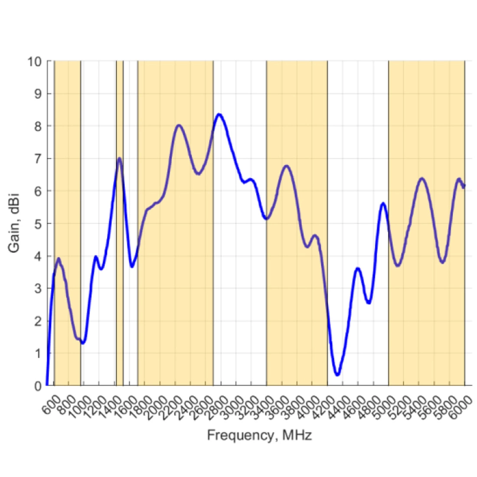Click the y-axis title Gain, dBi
tap(14, 223)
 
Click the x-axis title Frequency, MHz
tap(259, 435)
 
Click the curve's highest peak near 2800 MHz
tap(219, 114)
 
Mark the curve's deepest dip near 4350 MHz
tap(337, 374)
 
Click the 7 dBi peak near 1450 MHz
tap(119, 158)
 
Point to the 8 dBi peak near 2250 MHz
tap(179, 125)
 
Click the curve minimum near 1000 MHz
tap(83, 343)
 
